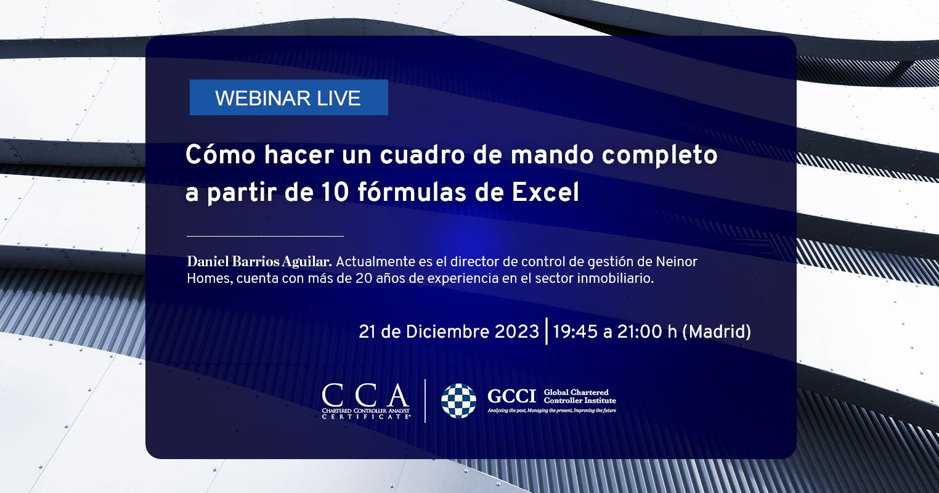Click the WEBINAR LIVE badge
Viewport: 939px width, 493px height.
click(288, 97)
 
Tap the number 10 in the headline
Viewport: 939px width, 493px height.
click(335, 192)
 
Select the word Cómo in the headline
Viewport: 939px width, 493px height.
click(221, 154)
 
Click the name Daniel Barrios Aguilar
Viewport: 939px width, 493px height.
click(259, 261)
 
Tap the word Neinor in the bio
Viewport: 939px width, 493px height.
click(676, 261)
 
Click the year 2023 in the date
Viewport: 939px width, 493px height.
click(516, 332)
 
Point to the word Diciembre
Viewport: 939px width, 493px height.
click(447, 332)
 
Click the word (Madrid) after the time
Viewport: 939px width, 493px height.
click(717, 332)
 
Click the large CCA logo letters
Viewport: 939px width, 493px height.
click(365, 395)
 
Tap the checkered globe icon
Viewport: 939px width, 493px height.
click(458, 401)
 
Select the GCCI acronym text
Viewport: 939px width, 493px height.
click(511, 396)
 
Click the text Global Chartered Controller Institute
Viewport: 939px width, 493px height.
click(580, 396)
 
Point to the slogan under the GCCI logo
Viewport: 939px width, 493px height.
click(551, 410)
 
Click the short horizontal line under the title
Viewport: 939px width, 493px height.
click(265, 237)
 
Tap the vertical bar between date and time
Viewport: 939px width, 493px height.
click(547, 331)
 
